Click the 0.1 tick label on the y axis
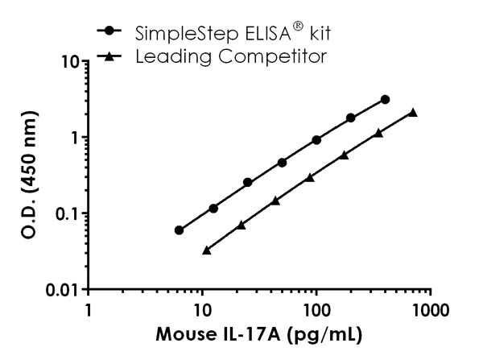(64, 213)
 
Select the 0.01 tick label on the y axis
(60, 289)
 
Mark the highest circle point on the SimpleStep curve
(386, 99)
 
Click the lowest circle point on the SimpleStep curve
(179, 230)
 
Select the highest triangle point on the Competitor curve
(413, 113)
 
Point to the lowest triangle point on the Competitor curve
(207, 250)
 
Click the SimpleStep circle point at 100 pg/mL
(316, 140)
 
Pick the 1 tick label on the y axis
(73, 137)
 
